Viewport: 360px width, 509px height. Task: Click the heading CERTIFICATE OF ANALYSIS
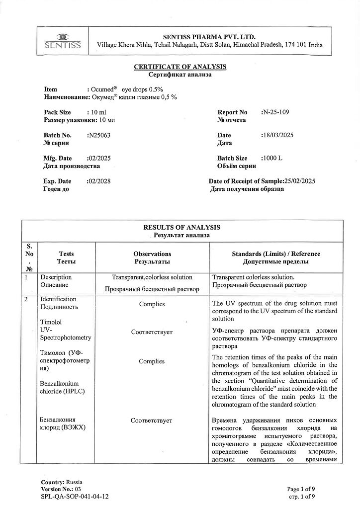coord(180,67)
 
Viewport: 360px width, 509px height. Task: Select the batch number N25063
coord(98,135)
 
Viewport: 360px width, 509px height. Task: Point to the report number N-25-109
coord(274,112)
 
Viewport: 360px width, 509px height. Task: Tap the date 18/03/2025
coord(277,135)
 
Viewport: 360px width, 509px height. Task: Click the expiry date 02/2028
coord(98,181)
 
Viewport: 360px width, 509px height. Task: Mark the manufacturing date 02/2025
coord(98,159)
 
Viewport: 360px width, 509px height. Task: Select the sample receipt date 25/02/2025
coord(299,181)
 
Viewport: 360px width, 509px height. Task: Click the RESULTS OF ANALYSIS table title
coord(181,227)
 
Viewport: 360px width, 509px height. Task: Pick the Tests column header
coord(66,254)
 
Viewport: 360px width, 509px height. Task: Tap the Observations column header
coord(152,254)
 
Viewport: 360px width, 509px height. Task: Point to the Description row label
coord(56,277)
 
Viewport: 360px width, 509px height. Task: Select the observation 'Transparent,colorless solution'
coord(152,277)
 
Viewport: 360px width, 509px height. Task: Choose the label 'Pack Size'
coord(57,112)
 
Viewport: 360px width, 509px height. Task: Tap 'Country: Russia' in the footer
coord(62,482)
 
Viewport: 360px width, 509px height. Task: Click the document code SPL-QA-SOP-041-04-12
coord(75,496)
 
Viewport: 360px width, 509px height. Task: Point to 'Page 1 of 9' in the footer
coord(301,489)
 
